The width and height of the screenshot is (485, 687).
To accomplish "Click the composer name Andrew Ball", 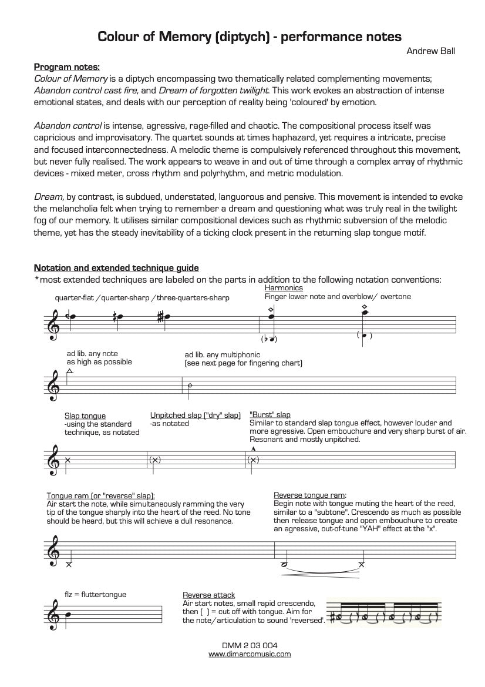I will [x=431, y=51].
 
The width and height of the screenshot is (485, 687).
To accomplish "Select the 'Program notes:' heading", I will [x=66, y=66].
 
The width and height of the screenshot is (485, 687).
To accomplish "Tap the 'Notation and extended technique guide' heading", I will [x=116, y=267].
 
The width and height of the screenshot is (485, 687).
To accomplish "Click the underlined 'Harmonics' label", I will [x=284, y=288].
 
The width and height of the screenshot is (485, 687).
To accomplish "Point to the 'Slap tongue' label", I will [x=85, y=415].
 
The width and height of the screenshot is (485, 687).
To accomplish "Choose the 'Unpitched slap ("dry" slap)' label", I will [x=196, y=415].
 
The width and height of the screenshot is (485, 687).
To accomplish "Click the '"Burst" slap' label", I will [x=270, y=415].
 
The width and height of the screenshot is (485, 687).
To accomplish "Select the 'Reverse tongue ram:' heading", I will [x=310, y=495].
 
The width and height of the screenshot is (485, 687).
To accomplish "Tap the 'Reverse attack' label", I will [x=208, y=595].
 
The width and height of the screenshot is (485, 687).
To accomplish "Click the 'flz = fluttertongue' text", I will [x=95, y=594].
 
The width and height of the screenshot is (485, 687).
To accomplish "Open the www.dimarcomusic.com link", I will [x=250, y=654].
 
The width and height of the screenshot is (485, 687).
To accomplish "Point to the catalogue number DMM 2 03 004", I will [x=250, y=645].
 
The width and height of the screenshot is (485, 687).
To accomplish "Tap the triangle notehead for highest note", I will [x=70, y=371].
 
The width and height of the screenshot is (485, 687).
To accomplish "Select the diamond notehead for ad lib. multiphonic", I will [x=189, y=386].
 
